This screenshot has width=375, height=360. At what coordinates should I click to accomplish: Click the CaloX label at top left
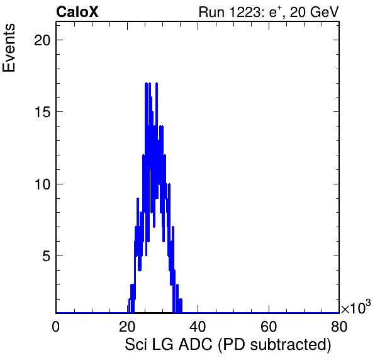(x=77, y=12)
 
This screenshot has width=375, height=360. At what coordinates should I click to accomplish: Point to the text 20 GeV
(x=314, y=13)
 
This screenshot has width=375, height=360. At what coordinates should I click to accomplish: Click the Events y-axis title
(x=9, y=48)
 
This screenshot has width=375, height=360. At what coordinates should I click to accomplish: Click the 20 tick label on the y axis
(x=42, y=40)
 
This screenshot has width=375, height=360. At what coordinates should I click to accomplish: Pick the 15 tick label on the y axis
(x=43, y=112)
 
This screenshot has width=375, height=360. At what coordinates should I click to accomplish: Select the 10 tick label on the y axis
(x=43, y=184)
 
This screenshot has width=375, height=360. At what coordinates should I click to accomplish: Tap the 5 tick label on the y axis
(x=47, y=256)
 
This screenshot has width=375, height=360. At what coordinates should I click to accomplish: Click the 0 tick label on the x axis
(x=56, y=327)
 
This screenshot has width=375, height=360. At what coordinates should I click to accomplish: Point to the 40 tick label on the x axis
(x=198, y=327)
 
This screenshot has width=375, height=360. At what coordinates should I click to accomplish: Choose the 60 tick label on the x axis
(x=268, y=327)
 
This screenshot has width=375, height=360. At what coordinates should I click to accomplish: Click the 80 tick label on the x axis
(x=339, y=327)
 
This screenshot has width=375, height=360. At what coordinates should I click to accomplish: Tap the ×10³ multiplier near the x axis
(x=356, y=307)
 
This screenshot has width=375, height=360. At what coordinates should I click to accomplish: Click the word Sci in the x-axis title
(x=136, y=345)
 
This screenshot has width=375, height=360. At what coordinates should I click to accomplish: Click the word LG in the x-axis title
(x=162, y=345)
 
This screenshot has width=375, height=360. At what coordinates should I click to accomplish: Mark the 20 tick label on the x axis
(x=127, y=327)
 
